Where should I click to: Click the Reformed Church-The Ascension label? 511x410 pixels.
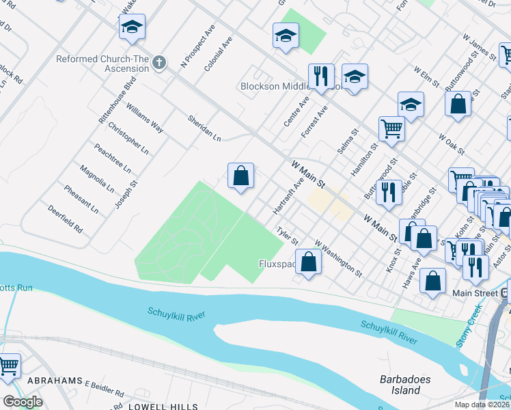click(102, 59)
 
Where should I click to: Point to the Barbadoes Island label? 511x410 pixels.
click(400, 385)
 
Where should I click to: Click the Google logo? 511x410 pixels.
click(23, 402)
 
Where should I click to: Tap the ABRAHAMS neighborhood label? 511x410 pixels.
click(55, 380)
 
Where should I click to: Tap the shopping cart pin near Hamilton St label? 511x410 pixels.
click(391, 126)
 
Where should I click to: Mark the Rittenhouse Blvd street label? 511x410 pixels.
click(113, 100)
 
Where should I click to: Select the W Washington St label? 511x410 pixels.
click(338, 258)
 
